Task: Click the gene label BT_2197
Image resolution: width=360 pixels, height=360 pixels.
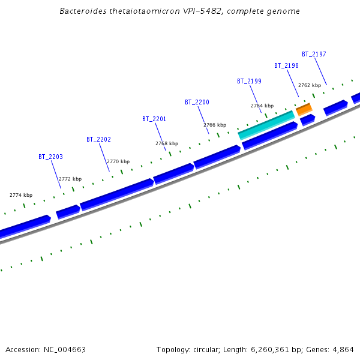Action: [x=314, y=54]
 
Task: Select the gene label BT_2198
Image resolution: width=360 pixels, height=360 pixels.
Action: [x=286, y=65]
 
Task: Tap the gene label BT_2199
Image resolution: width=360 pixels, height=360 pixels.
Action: [x=249, y=81]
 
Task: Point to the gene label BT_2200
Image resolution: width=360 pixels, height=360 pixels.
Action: [x=197, y=103]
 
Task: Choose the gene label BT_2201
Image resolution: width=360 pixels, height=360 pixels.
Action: [x=154, y=119]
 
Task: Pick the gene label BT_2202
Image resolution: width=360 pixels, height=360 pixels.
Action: [x=98, y=139]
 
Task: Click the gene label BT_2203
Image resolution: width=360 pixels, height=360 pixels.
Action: [x=50, y=157]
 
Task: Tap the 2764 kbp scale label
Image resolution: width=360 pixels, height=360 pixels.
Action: [x=262, y=106]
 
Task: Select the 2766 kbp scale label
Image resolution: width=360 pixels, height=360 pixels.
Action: [x=215, y=125]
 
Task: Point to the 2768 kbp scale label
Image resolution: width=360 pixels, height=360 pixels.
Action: [x=167, y=143]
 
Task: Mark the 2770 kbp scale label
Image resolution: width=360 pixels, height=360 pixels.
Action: [x=118, y=161]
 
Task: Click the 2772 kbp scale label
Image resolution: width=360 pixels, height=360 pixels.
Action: [x=70, y=179]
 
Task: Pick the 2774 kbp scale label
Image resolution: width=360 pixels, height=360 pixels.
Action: [x=21, y=195]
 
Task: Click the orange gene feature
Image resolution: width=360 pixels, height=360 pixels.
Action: [x=304, y=109]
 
